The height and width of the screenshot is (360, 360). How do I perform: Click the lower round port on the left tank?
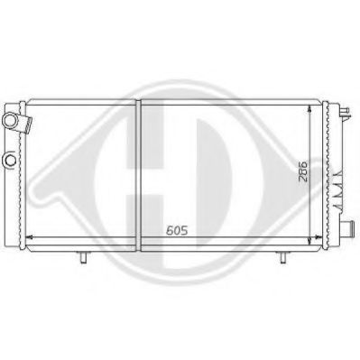point(9,160)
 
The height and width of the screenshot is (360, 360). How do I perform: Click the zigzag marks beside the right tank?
point(340,175)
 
